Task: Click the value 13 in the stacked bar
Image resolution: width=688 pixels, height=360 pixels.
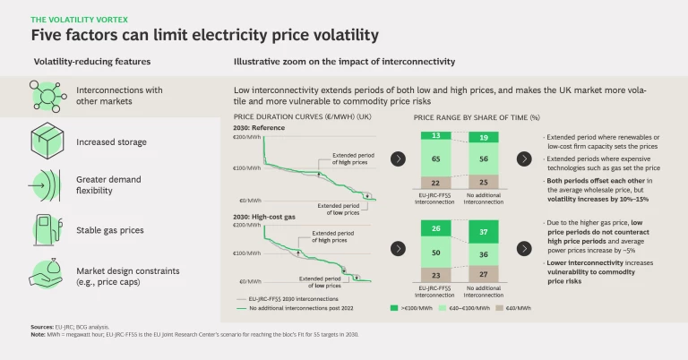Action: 434,135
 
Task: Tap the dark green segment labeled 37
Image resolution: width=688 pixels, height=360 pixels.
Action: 484,232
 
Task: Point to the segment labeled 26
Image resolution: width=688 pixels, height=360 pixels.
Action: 434,228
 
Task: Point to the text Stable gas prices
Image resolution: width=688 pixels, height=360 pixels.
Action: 110,230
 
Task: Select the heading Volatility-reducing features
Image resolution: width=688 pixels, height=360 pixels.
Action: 91,63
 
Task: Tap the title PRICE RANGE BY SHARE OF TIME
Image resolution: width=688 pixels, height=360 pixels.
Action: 477,117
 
